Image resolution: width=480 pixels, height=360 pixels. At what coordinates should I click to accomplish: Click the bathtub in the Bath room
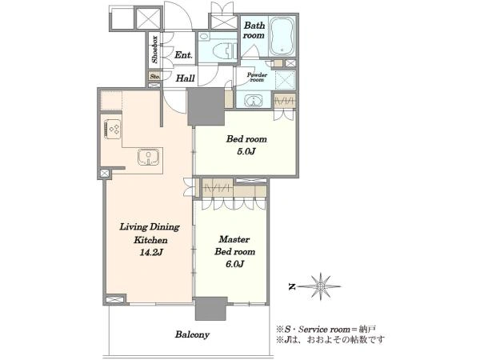coord(283,36)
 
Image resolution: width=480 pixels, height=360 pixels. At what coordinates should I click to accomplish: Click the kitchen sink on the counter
coord(149,158)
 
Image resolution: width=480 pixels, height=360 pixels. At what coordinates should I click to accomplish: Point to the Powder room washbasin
coord(254,101)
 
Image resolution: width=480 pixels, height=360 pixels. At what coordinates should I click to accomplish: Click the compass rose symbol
coord(319,286)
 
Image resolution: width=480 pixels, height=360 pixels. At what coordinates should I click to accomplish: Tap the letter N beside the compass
coord(292,287)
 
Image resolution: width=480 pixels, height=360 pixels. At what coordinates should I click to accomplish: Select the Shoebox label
coord(155,50)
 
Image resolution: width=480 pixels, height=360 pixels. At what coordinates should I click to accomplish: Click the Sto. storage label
coord(155,76)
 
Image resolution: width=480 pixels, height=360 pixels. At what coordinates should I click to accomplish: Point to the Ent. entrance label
coord(183,55)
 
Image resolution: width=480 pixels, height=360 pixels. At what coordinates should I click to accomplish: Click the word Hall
coord(186,78)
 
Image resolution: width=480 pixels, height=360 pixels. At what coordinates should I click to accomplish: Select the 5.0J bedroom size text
coord(246,152)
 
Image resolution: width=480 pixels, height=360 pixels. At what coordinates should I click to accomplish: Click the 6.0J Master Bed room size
coord(234,264)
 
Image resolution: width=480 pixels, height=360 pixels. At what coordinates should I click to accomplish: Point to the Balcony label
coord(192,334)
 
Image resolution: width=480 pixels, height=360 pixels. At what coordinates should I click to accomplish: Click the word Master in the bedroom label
coord(234,239)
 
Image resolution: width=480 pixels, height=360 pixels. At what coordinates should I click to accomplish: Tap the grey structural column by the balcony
coord(210,309)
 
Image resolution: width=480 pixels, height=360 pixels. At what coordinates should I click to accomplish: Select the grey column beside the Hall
coord(206,107)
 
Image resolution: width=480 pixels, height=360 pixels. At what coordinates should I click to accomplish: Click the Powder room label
coord(257,77)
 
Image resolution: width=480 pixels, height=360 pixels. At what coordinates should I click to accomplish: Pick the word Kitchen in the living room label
coord(150,240)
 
